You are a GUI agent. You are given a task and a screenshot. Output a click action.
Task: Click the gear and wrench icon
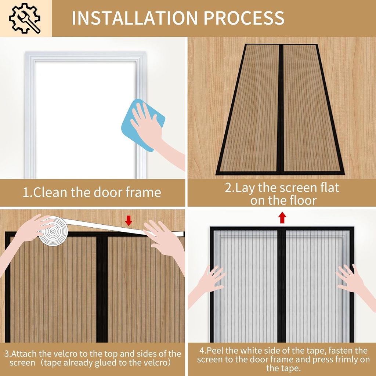(25, 18)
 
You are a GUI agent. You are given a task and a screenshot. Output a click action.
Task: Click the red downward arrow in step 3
(128, 220)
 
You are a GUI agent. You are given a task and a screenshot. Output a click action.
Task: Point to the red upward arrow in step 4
(282, 217)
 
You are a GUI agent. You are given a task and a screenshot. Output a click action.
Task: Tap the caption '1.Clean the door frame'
(92, 192)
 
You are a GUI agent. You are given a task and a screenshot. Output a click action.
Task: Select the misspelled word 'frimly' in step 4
(336, 359)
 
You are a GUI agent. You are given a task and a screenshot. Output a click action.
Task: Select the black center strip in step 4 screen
(282, 286)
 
